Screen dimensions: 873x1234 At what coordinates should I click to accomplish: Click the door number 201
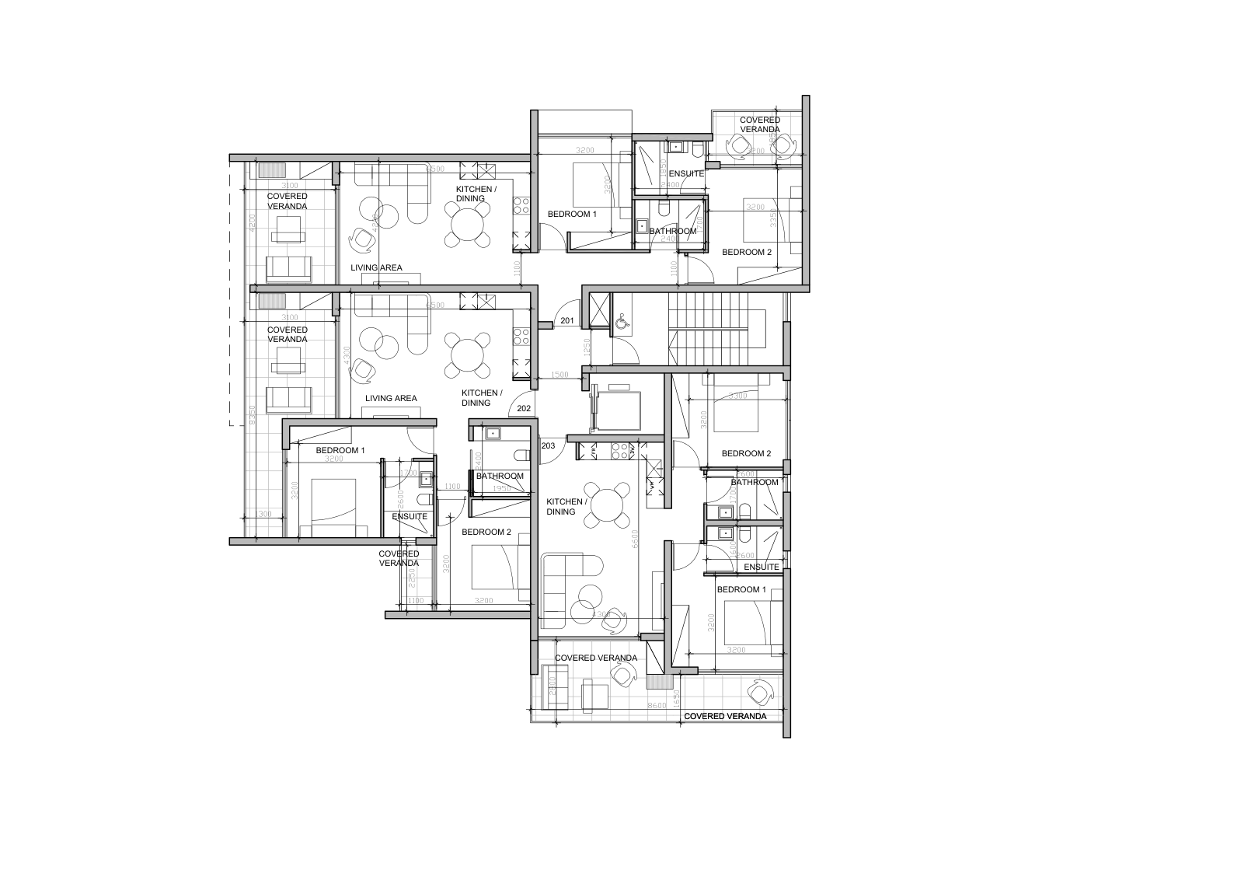tap(567, 321)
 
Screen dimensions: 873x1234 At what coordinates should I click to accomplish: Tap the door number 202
tap(524, 408)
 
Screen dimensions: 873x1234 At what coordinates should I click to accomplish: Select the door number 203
tap(548, 445)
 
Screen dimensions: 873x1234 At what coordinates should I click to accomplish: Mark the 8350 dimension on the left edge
tap(253, 417)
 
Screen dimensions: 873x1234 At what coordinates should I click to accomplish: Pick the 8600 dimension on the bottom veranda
tap(658, 705)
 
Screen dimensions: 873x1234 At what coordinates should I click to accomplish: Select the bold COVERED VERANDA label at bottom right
tap(725, 716)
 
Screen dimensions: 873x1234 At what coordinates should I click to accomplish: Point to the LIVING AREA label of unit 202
tap(391, 398)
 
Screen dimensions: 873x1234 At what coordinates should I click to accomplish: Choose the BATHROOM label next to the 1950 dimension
tap(500, 476)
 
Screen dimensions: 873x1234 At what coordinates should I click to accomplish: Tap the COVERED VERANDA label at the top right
tap(760, 124)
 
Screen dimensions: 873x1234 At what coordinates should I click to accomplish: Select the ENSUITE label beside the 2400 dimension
tap(686, 173)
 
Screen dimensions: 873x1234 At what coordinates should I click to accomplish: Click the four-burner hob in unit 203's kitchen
tap(620, 449)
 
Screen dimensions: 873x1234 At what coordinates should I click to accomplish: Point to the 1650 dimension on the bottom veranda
tap(676, 697)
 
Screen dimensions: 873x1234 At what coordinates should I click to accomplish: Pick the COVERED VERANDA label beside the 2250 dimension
tap(399, 558)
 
